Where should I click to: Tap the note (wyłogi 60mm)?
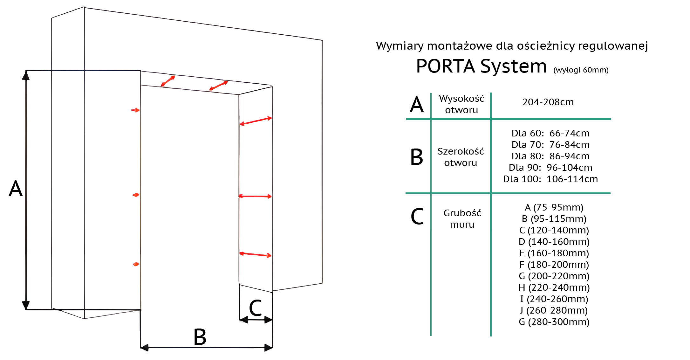pos(581,70)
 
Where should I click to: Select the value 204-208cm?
pos(548,102)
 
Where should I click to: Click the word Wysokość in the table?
pos(461,99)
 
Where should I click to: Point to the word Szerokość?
pos(461,151)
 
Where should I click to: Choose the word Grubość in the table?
pos(462,213)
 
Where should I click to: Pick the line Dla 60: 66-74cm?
pos(550,133)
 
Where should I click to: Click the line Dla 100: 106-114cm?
pos(550,179)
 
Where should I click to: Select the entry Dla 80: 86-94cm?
pos(550,156)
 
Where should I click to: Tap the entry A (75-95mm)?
pos(554,207)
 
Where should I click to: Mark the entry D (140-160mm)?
pos(554,242)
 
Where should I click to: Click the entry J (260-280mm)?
pos(554,310)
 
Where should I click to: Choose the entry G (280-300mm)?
pos(554,322)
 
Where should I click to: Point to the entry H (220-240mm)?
pos(554,287)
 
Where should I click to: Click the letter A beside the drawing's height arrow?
pos(16,189)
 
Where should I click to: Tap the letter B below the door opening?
pos(200,337)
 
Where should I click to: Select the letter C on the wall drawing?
pos(255,308)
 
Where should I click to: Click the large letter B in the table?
pos(416,157)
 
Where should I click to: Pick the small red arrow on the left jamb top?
pos(135,110)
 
